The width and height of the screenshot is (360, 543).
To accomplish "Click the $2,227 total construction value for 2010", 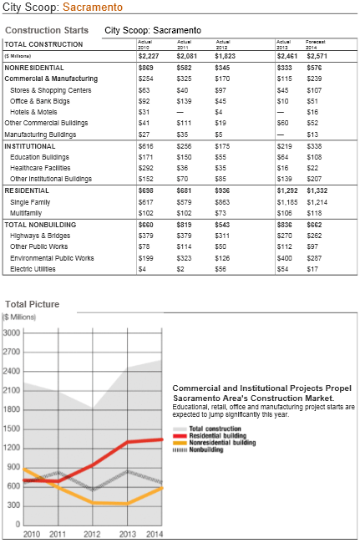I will pos(148,55).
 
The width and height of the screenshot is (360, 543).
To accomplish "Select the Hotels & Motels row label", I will pos(33,112).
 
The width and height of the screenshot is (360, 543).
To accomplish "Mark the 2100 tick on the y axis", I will pos(12,390).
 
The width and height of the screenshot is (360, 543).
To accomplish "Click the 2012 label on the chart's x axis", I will pos(92,534).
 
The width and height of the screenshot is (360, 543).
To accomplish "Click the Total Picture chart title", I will pos(32,304).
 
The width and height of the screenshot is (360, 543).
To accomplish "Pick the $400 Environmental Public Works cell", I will pos(286,258).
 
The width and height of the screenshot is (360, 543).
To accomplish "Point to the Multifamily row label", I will pos(28,213).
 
